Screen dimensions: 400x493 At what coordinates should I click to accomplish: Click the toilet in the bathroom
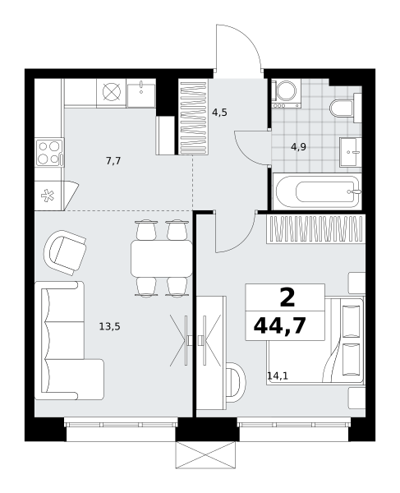pos(345,108)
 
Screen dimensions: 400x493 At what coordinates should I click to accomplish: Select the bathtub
pos(317,191)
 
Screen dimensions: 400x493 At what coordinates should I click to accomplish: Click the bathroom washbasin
pos(351,152)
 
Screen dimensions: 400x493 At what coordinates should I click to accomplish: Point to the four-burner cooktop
pos(49,152)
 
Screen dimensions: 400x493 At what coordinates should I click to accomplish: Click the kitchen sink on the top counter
pos(141,93)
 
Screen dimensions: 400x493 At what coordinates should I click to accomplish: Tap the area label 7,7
pos(113,161)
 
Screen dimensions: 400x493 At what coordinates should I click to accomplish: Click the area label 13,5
pos(110,327)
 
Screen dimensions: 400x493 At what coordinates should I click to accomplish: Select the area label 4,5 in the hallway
pos(219,113)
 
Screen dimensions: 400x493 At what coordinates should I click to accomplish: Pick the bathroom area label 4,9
pos(298,146)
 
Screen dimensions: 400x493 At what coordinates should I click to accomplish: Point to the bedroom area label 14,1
pos(278,376)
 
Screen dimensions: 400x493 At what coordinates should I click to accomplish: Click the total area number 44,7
pos(279,325)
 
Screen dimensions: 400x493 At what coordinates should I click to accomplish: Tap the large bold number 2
pos(287,297)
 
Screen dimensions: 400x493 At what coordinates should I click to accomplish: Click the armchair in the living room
pos(65,253)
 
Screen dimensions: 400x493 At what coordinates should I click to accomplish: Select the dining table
pos(162,259)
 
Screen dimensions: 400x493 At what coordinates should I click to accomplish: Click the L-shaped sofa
pos(69,341)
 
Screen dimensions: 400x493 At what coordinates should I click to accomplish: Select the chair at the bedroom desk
pos(236,382)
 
